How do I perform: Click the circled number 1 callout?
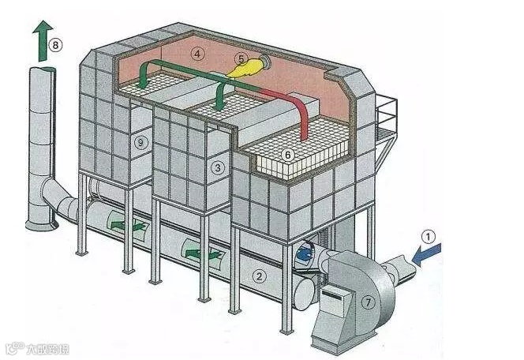428,235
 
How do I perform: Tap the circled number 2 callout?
257,276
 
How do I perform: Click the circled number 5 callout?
241,58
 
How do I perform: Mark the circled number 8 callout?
55,45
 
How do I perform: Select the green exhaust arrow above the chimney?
39,41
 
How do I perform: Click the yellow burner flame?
243,70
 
